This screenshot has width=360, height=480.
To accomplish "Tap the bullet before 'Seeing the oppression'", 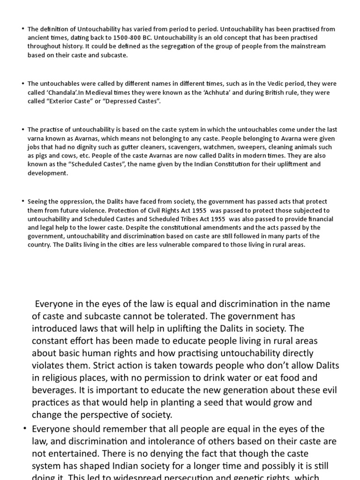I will [x=22, y=202].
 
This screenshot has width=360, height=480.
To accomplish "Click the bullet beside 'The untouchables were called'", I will [x=22, y=83].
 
